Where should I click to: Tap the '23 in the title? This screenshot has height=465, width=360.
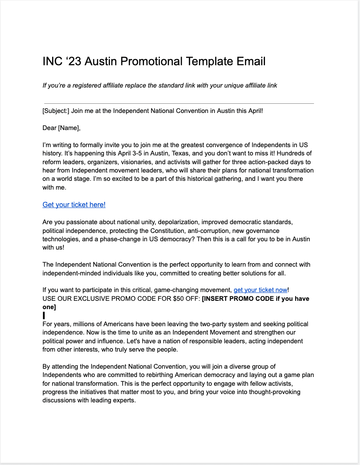74,61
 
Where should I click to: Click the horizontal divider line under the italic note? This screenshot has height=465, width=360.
179,104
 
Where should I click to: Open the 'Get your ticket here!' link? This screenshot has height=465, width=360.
74,204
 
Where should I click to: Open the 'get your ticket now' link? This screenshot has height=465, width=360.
260,290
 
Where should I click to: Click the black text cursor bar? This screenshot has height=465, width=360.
44,315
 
